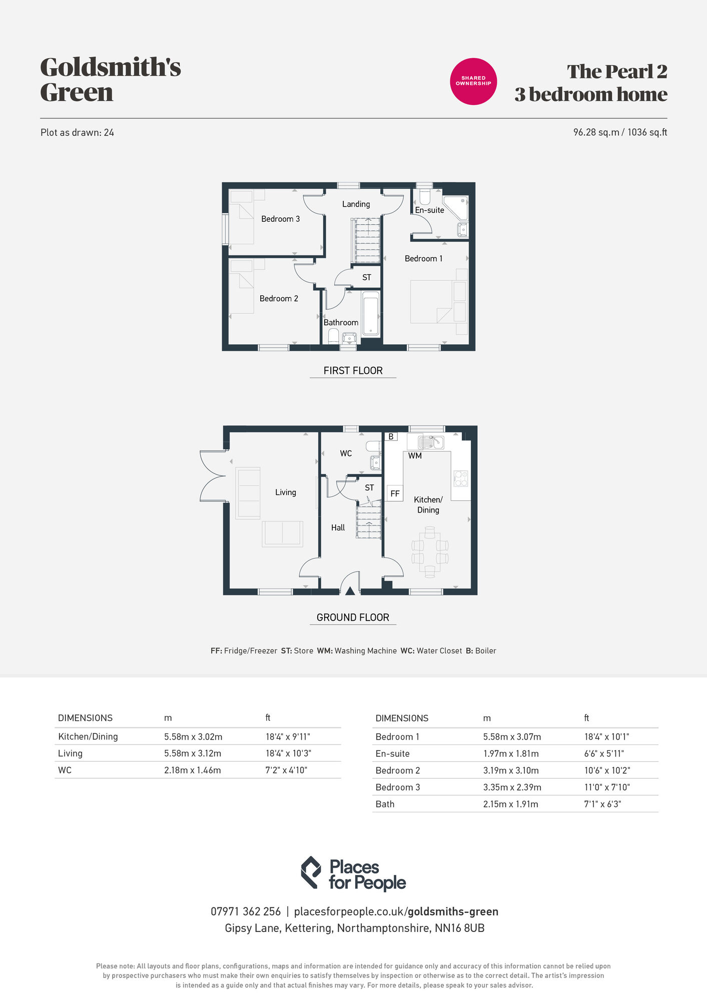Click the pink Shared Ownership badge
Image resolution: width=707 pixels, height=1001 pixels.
473,81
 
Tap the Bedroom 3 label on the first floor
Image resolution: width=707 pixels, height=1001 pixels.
280,219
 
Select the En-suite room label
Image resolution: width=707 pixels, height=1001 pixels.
429,210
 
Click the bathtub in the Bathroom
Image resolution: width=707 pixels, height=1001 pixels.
370,314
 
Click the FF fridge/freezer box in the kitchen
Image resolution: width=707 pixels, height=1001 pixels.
395,493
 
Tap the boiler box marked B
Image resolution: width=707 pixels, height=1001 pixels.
391,436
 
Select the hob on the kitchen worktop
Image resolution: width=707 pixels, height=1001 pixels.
460,478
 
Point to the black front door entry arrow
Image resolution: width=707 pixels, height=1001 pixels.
350,591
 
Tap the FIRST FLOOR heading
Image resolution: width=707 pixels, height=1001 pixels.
353,370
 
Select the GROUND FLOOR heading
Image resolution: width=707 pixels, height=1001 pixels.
353,617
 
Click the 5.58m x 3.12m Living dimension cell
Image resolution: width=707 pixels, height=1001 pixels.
193,753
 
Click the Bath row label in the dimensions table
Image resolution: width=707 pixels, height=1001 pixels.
385,804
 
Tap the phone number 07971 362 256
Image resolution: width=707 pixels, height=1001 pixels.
245,911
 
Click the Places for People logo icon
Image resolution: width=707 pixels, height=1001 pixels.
311,872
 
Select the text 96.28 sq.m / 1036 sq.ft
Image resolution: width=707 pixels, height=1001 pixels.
620,132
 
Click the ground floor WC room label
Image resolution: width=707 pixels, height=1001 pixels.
346,453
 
